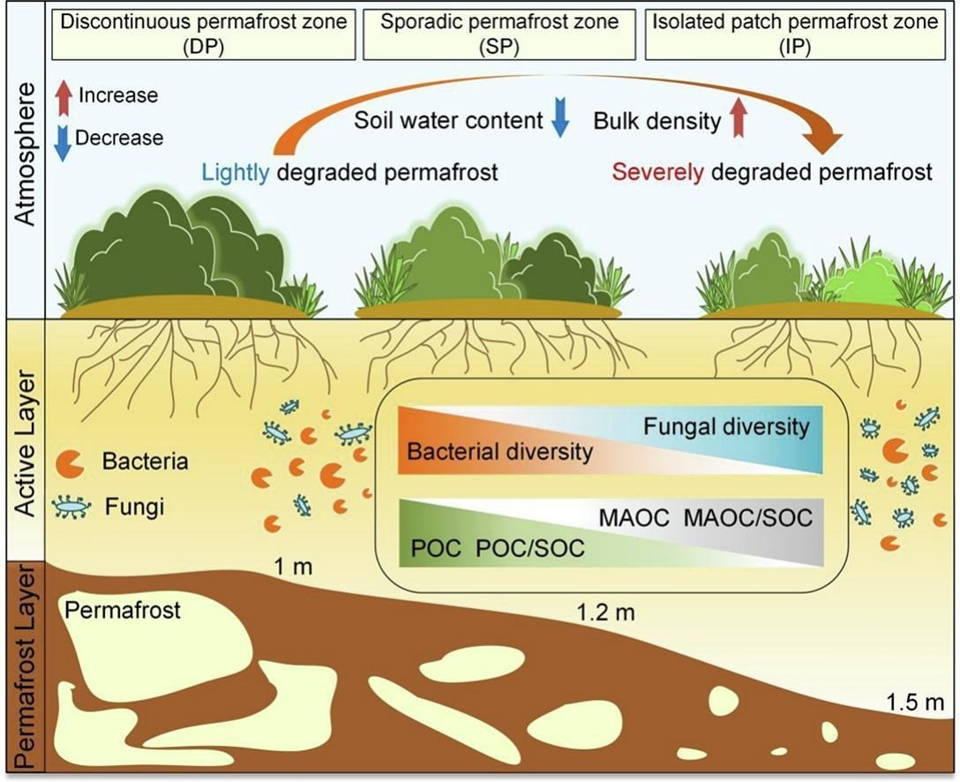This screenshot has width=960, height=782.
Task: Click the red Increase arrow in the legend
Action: tap(62, 95)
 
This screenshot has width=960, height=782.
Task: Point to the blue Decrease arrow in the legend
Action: tap(62, 141)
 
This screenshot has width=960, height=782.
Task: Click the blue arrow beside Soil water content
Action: tap(559, 121)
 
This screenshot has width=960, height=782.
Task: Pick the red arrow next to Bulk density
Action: tap(739, 119)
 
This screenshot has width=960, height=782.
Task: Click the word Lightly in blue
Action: tap(236, 171)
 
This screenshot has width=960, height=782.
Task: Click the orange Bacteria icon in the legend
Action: tap(71, 462)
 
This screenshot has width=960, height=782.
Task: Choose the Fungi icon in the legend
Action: tap(70, 508)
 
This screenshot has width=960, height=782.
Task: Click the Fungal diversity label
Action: tap(726, 427)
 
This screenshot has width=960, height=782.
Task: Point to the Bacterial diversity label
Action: tap(499, 453)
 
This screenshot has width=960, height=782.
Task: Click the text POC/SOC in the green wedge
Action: tap(530, 548)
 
